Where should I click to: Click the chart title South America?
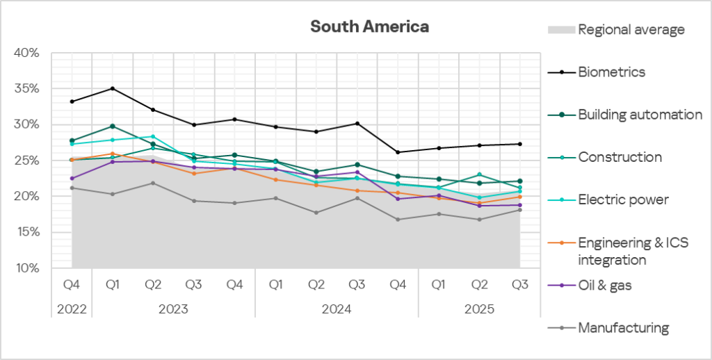369,27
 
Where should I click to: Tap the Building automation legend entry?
640,115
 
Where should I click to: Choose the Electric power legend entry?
623,200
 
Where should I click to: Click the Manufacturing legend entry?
623,328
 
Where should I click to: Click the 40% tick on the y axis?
28,53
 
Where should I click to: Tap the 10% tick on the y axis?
28,268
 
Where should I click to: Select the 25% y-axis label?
28,161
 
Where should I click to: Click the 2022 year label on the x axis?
72,307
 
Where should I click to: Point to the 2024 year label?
337,307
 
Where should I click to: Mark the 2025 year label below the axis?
479,307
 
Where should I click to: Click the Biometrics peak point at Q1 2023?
112,88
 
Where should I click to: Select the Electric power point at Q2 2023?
153,137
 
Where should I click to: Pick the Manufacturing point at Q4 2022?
72,188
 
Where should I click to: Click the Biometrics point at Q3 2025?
519,144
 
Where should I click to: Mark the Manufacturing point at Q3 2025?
519,210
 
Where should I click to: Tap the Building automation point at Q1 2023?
112,126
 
